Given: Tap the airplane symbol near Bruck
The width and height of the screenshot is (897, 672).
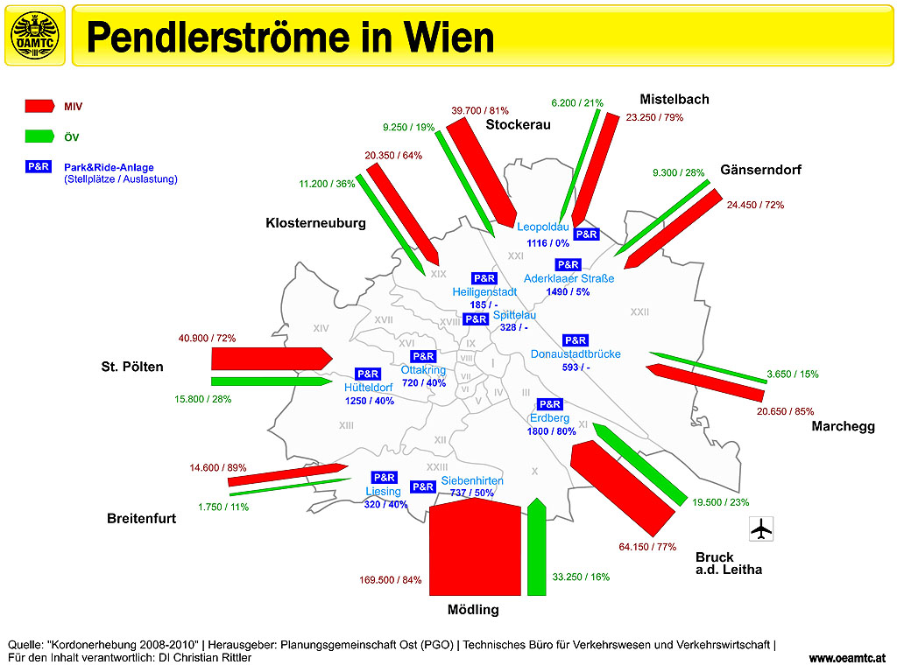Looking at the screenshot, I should click(762, 529).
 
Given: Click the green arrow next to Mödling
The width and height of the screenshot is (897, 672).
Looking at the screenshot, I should click(537, 547).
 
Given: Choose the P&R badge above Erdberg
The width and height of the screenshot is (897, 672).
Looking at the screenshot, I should click(549, 404).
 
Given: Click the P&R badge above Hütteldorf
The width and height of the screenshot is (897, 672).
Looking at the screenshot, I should click(368, 374).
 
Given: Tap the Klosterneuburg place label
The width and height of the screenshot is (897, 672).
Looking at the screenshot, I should click(315, 223).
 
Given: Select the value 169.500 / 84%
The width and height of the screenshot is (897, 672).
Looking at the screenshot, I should click(391, 579).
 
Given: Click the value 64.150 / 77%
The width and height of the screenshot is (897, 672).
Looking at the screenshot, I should click(647, 547).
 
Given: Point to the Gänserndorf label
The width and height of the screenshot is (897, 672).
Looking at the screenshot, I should click(760, 170).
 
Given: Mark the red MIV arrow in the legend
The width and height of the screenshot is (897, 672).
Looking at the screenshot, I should click(40, 106).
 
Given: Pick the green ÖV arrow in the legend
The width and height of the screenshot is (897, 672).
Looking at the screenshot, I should click(40, 136).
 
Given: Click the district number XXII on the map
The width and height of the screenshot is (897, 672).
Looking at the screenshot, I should click(639, 311).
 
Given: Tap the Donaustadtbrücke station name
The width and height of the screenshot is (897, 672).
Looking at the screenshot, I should click(576, 354).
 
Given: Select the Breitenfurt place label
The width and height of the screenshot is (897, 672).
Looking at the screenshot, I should click(141, 518).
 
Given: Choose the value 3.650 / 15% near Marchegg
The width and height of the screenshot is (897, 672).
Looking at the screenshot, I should click(792, 374).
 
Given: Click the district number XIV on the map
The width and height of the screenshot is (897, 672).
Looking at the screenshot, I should click(321, 328).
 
